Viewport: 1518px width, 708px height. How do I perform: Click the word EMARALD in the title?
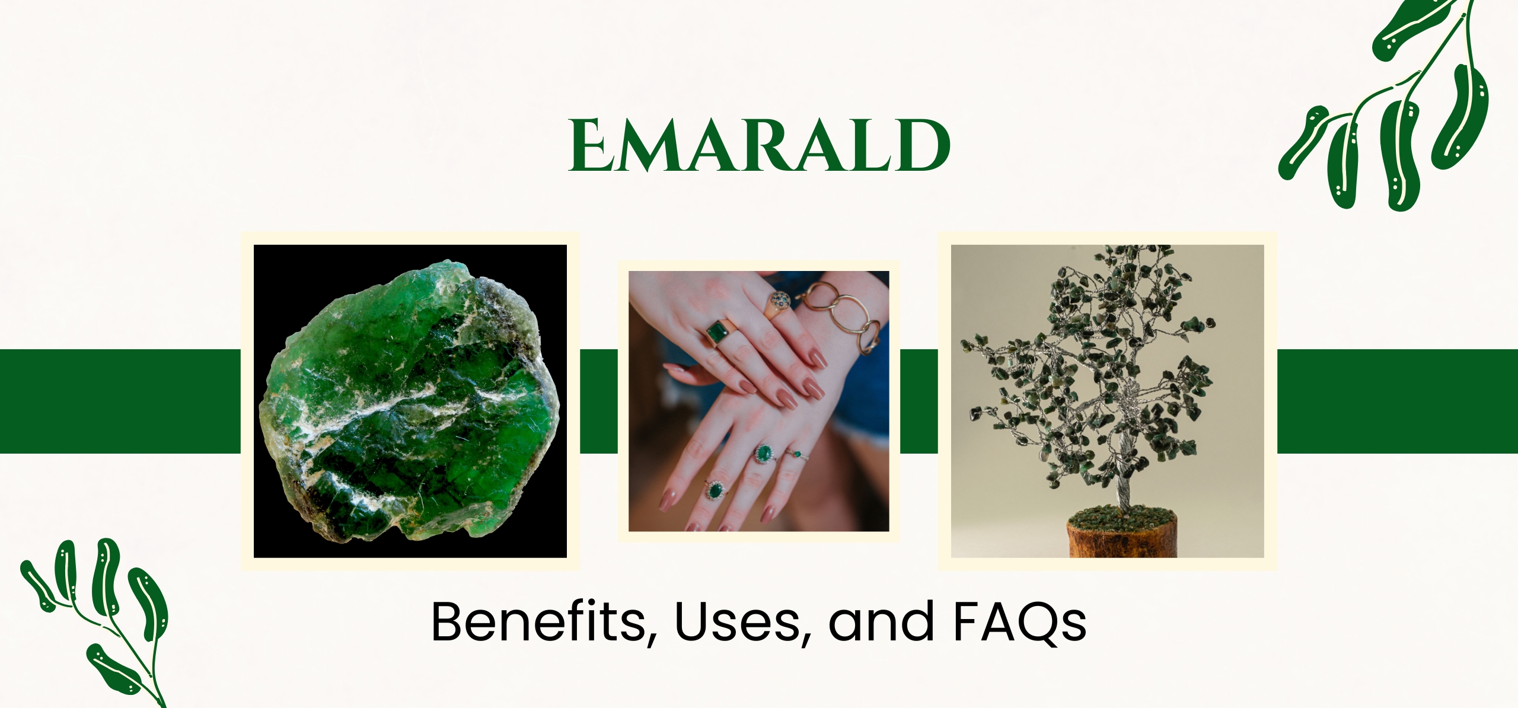click(x=759, y=145)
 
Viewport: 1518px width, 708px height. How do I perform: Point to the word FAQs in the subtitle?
click(x=1020, y=622)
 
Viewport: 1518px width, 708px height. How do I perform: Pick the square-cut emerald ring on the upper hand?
click(x=718, y=332)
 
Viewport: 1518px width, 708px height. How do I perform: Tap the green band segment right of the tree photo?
click(x=1397, y=401)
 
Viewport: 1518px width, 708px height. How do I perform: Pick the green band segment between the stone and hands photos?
click(x=598, y=401)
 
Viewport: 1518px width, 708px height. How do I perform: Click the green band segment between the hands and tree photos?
click(x=919, y=401)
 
